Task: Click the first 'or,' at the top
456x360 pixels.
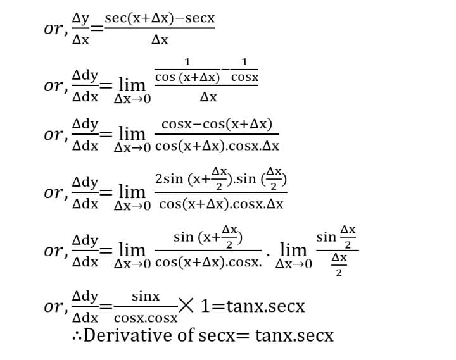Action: click(56, 29)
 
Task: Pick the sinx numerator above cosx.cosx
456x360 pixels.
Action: click(146, 296)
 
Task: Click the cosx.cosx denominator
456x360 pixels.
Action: click(147, 318)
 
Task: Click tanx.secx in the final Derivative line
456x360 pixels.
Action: click(294, 335)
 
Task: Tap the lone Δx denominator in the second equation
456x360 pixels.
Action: click(208, 97)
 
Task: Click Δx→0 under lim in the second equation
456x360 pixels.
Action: click(132, 99)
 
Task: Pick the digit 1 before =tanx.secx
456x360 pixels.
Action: click(206, 307)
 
